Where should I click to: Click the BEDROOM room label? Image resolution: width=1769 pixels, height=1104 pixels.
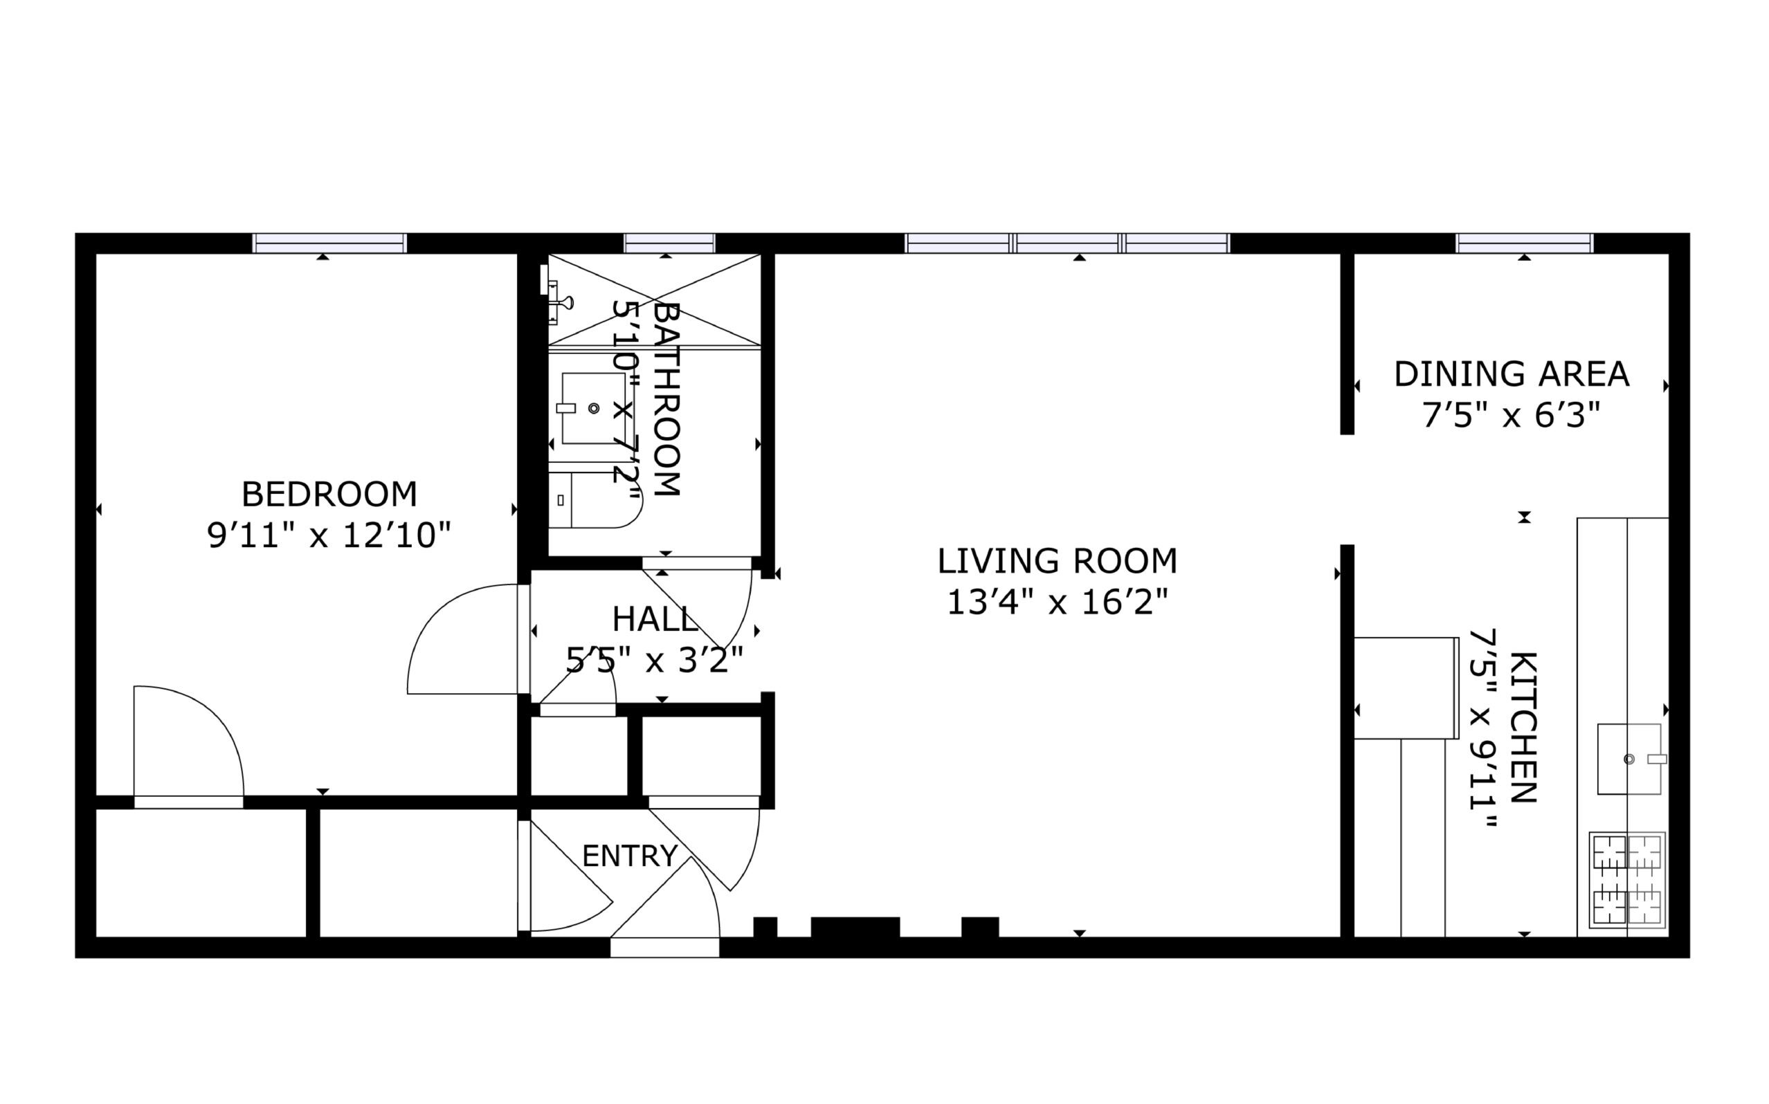329,495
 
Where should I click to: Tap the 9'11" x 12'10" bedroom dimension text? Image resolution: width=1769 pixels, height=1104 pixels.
329,535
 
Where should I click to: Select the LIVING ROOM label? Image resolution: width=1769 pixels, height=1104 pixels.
1058,561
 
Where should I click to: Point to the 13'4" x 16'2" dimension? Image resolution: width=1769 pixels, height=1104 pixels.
1058,602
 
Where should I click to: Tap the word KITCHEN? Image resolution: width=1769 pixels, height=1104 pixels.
1523,727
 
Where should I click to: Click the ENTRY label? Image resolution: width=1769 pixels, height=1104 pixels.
630,856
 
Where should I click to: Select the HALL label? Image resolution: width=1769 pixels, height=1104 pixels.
655,619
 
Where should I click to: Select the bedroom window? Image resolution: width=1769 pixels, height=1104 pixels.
329,243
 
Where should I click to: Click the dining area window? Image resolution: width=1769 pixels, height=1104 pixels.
1524,243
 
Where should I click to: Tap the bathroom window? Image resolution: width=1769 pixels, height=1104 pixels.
669,243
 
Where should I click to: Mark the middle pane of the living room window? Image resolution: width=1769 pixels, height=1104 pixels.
1068,243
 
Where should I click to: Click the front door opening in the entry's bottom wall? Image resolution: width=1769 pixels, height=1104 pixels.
664,947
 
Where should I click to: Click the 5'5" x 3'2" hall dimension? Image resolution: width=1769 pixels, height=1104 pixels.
655,661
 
